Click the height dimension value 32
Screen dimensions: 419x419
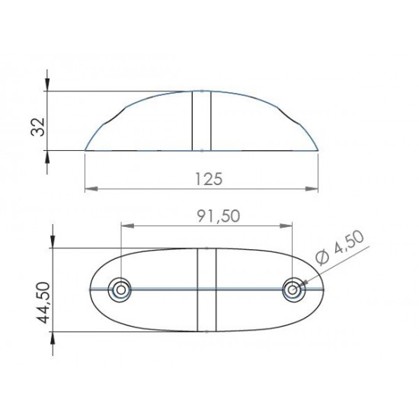click(x=35, y=121)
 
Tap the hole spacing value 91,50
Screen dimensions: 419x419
click(x=208, y=216)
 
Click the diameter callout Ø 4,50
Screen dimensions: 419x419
click(x=341, y=249)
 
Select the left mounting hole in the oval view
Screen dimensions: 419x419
click(x=119, y=289)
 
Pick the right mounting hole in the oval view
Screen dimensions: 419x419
click(x=293, y=289)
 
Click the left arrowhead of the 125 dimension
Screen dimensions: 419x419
click(x=88, y=187)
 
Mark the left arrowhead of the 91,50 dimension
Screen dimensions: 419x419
click(x=125, y=225)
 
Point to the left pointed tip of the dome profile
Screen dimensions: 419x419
click(x=85, y=150)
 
